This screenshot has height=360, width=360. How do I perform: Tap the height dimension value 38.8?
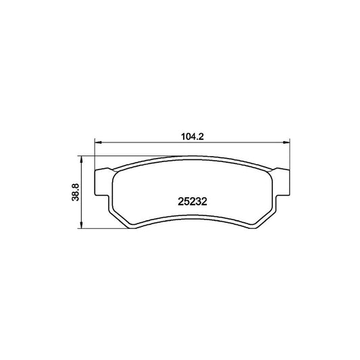(x=76, y=193)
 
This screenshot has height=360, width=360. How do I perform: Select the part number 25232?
(x=192, y=201)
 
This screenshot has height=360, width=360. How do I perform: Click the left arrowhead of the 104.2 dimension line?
(x=97, y=143)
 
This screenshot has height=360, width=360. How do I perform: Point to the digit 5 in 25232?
(x=186, y=201)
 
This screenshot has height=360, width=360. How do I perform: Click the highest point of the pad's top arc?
(x=192, y=158)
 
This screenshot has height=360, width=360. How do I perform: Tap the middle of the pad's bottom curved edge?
(x=192, y=217)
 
